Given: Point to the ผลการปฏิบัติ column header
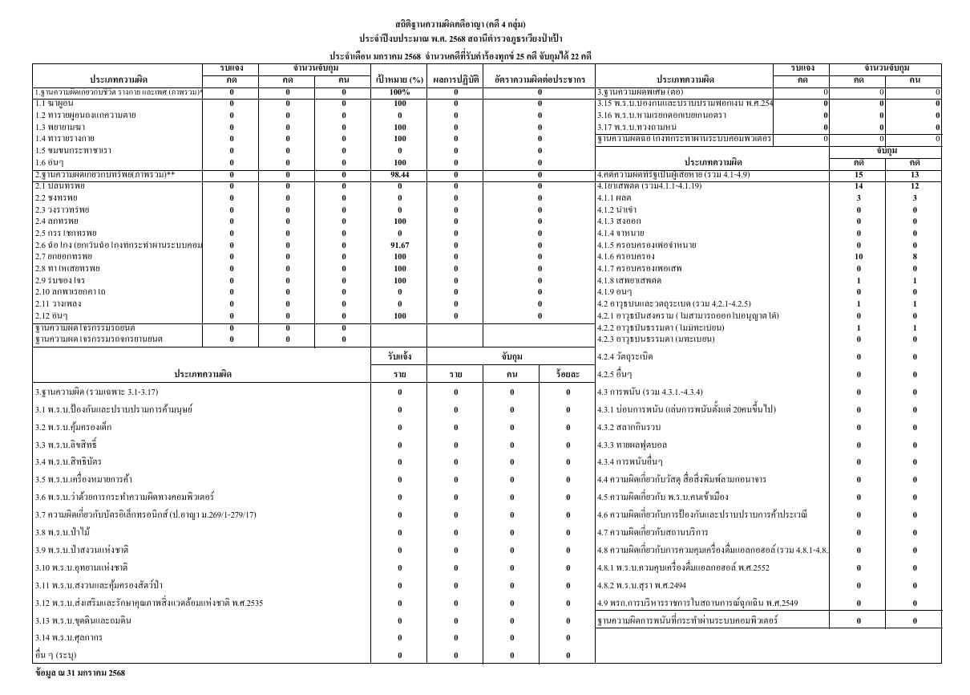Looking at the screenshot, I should click(455, 80).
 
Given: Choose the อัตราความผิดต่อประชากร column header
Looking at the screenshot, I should click(540, 80).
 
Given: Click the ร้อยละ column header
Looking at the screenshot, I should click(567, 373).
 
